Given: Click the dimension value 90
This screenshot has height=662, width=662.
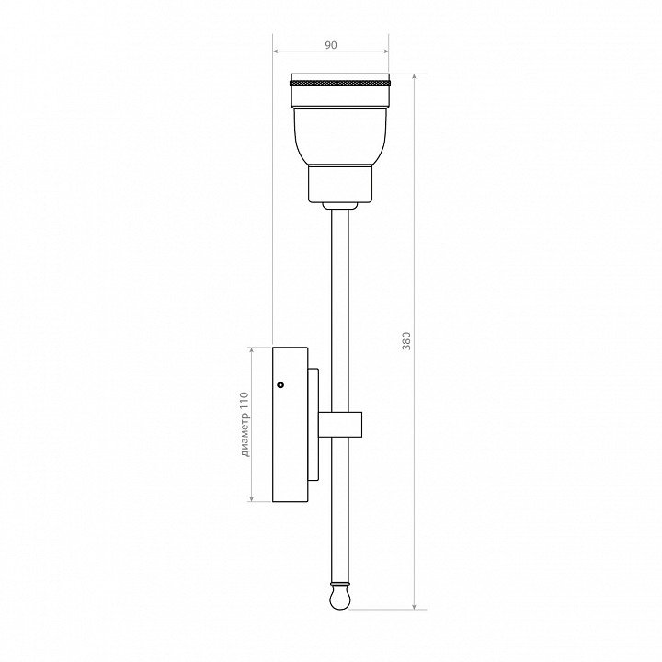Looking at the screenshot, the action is pyautogui.click(x=331, y=45).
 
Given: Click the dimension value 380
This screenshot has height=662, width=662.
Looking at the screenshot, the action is pyautogui.click(x=406, y=341).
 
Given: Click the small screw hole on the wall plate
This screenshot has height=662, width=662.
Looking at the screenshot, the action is pyautogui.click(x=280, y=384).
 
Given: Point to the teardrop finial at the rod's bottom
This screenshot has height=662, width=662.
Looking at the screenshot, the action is pyautogui.click(x=340, y=598).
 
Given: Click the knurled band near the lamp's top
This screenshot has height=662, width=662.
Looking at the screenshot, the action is pyautogui.click(x=340, y=82).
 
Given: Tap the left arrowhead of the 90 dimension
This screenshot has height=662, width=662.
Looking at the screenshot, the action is pyautogui.click(x=276, y=51).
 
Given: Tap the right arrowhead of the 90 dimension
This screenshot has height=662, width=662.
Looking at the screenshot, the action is pyautogui.click(x=385, y=51).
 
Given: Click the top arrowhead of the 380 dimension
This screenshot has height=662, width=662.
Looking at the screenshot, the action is pyautogui.click(x=415, y=77).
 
